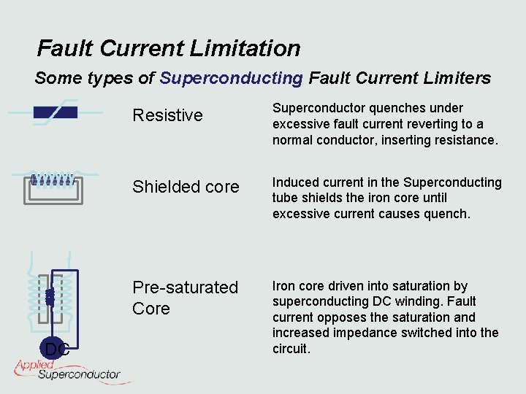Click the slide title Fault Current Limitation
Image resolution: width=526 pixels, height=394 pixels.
(x=169, y=49)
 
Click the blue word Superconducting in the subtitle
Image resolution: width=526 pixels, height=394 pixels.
(x=231, y=77)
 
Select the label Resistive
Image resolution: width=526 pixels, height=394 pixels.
(x=167, y=115)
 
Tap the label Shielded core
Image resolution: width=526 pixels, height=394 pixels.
(x=186, y=187)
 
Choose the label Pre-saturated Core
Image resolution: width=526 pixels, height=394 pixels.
(x=185, y=298)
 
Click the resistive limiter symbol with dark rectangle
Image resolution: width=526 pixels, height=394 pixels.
(x=55, y=113)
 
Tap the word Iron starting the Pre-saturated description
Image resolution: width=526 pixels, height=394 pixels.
(x=285, y=286)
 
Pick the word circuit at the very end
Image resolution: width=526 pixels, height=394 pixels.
(x=291, y=349)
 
